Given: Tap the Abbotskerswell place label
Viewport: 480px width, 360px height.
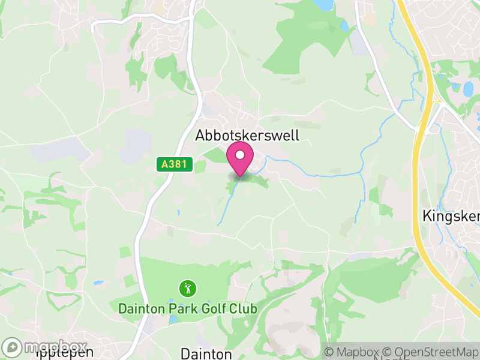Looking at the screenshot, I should click(x=247, y=136).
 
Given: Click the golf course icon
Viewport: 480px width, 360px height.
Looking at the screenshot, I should click(x=187, y=289).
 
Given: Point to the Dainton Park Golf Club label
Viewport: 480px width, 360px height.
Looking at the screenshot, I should click(x=187, y=309).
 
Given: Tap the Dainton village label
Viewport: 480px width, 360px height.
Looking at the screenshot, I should click(x=206, y=353).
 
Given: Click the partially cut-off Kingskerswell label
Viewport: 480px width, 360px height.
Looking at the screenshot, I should click(x=450, y=215).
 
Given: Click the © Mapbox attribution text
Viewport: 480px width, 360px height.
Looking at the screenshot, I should click(x=354, y=352).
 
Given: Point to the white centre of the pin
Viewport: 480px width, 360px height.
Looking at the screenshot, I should click(x=241, y=155).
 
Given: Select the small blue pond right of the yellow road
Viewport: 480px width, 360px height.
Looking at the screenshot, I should click(x=468, y=89).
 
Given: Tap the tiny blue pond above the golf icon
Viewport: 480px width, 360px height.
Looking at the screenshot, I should click(x=178, y=212).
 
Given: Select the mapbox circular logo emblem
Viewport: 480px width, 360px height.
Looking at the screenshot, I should click(x=11, y=347).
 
